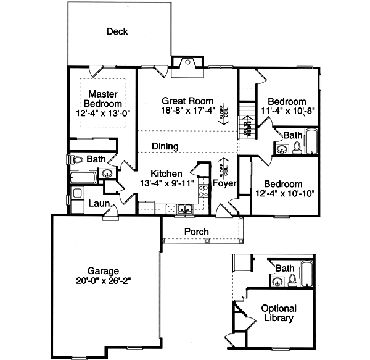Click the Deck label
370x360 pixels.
pos(117,31)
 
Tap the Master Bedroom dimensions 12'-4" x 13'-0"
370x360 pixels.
pos(103,114)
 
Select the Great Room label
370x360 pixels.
pos(187,101)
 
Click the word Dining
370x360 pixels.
pos(165,147)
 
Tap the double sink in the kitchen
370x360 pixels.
pos(184,209)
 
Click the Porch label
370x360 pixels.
pos(197,232)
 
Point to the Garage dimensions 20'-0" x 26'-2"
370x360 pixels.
pos(103,281)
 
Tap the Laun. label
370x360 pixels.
pos(99,203)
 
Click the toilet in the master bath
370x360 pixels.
pos(78,159)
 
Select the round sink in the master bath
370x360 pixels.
pos(107,174)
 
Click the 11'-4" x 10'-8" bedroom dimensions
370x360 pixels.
pos(287,112)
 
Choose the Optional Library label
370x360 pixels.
pos(279,313)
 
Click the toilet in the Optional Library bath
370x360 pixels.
pos(292,279)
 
